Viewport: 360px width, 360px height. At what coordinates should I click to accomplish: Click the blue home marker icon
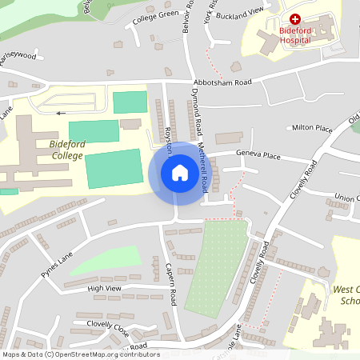[x=179, y=173]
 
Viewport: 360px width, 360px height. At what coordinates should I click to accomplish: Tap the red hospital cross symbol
[x=295, y=18]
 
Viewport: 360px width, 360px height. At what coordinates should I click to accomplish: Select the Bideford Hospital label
[x=306, y=34]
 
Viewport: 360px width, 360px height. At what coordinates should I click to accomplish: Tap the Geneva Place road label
[x=258, y=156]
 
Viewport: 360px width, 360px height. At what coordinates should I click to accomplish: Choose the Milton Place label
[x=311, y=128]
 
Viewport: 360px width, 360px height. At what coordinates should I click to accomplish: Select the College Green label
[x=155, y=15]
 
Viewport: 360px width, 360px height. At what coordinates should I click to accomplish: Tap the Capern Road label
[x=170, y=284]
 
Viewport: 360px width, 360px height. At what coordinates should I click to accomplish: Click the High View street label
[x=104, y=288]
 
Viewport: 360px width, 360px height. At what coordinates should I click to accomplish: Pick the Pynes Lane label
[x=58, y=265]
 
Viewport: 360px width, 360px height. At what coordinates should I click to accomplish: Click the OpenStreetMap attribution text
[x=80, y=354]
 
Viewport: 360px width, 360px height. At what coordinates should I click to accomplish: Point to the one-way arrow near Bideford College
[x=62, y=113]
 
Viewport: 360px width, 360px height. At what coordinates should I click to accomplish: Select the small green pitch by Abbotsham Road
[x=130, y=102]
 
